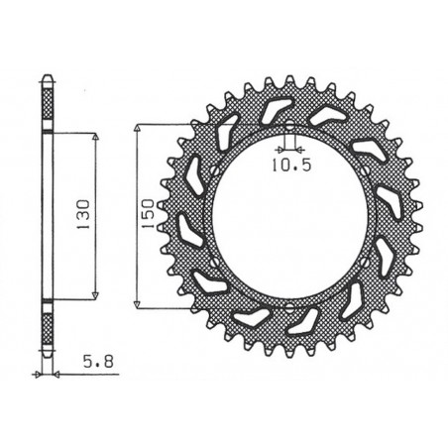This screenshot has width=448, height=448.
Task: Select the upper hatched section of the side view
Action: pos(46,104)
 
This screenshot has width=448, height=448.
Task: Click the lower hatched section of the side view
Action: pos(46,327)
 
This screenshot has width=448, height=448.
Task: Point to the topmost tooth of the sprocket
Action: pos(287,75)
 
